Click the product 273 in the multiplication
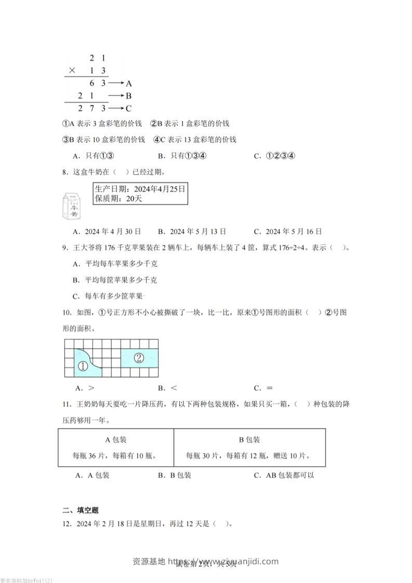(92, 108)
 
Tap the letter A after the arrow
(129, 83)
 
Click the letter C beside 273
(129, 108)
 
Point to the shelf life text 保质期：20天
(119, 198)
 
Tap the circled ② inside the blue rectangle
(139, 357)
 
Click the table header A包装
(116, 440)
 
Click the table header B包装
(249, 440)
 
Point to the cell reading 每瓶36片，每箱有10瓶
(115, 456)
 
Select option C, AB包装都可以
(284, 475)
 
